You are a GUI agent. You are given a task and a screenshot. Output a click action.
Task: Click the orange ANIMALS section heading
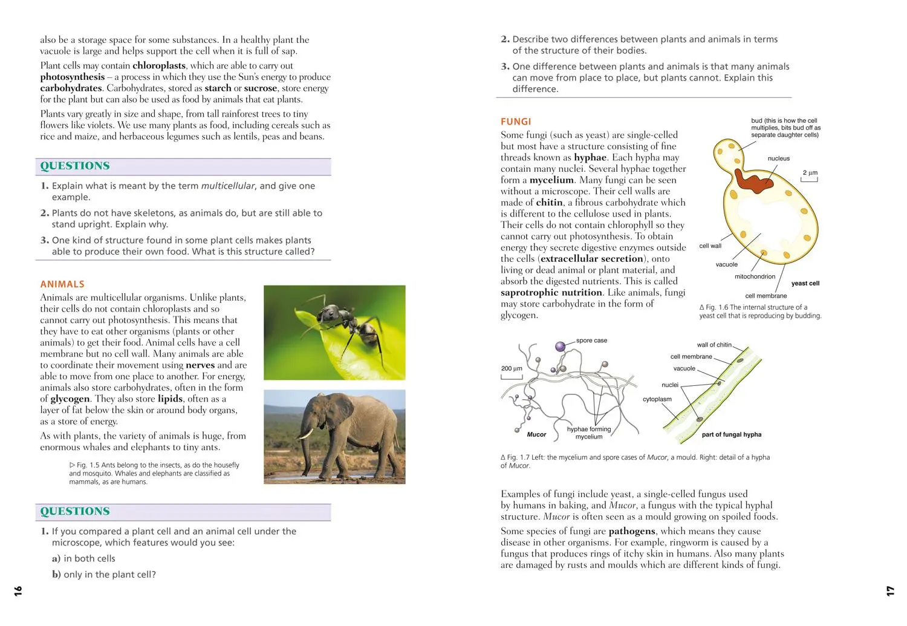click(62, 284)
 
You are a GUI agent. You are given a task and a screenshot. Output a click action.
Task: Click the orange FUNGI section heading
click(516, 122)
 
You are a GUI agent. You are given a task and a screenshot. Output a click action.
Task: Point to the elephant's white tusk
click(308, 433)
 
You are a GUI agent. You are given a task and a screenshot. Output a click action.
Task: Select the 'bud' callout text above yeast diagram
click(785, 128)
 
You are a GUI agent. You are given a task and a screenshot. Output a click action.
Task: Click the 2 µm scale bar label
click(810, 173)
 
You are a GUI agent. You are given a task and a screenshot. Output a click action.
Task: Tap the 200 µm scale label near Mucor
click(512, 368)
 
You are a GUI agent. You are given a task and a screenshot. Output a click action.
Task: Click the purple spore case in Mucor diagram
click(561, 347)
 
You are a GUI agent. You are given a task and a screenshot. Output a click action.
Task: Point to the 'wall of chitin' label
click(714, 345)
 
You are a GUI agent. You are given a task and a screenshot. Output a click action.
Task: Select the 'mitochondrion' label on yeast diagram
click(755, 277)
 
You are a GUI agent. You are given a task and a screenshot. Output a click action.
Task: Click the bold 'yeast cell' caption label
click(805, 284)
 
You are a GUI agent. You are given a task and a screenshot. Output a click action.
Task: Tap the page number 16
click(18, 590)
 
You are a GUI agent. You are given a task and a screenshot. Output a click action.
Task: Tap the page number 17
click(890, 590)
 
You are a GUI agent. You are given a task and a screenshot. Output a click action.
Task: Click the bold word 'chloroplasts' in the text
click(159, 65)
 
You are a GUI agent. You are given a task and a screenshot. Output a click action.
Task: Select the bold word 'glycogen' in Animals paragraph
click(70, 399)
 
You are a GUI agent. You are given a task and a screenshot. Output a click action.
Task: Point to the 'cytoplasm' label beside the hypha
click(657, 399)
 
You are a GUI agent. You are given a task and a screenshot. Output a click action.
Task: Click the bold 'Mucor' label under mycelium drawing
click(536, 434)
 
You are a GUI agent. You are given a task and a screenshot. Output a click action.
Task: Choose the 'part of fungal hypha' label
click(731, 434)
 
